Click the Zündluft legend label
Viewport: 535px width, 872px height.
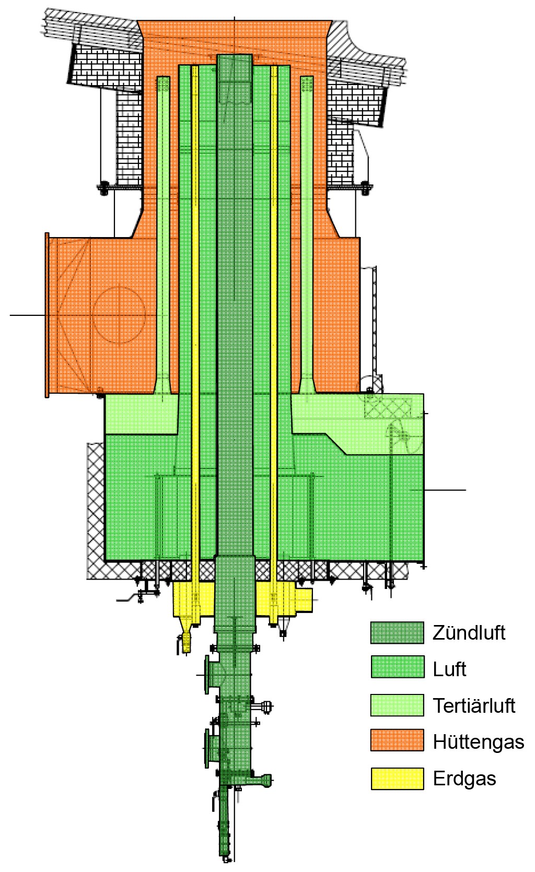469,633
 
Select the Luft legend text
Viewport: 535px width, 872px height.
449,669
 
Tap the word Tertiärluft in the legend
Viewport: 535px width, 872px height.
474,706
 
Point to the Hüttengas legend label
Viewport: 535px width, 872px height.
478,742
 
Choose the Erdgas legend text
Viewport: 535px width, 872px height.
464,779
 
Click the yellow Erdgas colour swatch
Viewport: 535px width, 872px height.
397,779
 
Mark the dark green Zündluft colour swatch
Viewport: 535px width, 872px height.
397,633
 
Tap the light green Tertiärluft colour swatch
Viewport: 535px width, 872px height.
397,705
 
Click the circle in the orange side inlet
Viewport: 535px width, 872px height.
119,315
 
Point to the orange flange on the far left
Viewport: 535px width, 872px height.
47,315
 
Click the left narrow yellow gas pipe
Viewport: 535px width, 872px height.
195,313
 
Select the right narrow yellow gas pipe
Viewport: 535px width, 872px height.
273,313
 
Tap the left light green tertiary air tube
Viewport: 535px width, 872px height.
163,235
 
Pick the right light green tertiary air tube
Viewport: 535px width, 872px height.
307,235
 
